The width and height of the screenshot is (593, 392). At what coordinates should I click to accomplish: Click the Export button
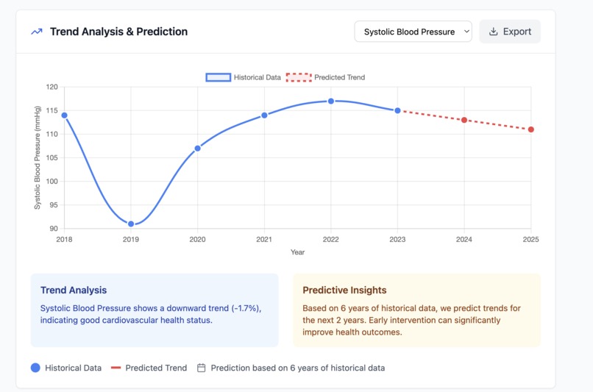pyautogui.click(x=510, y=32)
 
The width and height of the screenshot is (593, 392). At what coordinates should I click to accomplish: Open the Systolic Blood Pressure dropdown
pyautogui.click(x=413, y=32)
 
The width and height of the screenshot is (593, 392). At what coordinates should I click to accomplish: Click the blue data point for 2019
pyautogui.click(x=131, y=224)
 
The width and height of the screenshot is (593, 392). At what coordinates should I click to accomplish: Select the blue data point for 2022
pyautogui.click(x=331, y=101)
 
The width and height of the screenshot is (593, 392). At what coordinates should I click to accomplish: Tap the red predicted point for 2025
pyautogui.click(x=531, y=129)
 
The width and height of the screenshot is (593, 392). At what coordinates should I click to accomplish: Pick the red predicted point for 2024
pyautogui.click(x=464, y=120)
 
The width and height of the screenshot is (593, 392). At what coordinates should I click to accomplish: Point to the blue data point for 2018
pyautogui.click(x=64, y=115)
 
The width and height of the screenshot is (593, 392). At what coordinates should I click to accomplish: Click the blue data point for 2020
pyautogui.click(x=197, y=148)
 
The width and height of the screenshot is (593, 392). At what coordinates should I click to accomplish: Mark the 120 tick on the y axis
pyautogui.click(x=52, y=87)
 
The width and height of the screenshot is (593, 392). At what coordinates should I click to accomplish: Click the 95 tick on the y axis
pyautogui.click(x=54, y=205)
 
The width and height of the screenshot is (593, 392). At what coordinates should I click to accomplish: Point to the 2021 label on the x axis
pyautogui.click(x=264, y=239)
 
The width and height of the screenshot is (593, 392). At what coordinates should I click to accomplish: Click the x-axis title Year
pyautogui.click(x=298, y=252)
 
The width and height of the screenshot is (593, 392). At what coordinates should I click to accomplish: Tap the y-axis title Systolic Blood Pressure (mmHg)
pyautogui.click(x=37, y=157)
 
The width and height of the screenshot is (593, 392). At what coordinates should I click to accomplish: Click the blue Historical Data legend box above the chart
pyautogui.click(x=219, y=77)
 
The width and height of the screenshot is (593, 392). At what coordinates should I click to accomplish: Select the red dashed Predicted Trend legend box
pyautogui.click(x=299, y=77)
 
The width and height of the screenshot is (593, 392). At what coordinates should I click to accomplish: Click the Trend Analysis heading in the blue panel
pyautogui.click(x=74, y=290)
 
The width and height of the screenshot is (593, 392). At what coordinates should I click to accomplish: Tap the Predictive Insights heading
pyautogui.click(x=344, y=290)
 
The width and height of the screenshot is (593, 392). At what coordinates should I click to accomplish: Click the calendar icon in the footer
pyautogui.click(x=201, y=368)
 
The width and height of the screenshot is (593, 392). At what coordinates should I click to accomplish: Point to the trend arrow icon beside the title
pyautogui.click(x=37, y=32)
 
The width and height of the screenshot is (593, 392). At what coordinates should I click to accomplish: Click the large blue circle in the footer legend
pyautogui.click(x=35, y=368)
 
